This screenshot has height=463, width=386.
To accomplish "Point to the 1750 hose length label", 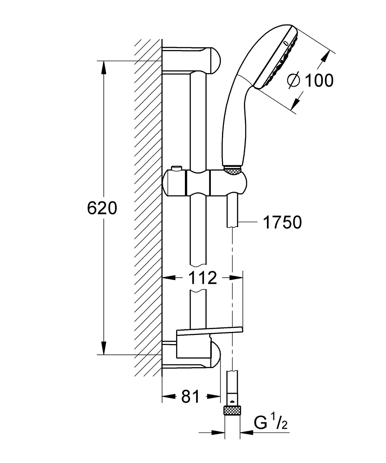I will [282, 223].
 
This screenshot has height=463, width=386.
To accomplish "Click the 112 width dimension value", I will [203, 278].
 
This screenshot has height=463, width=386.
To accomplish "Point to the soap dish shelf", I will [209, 330].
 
